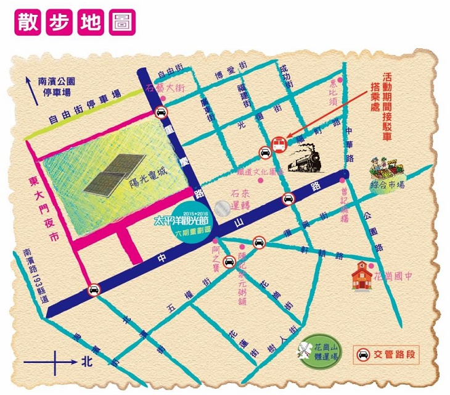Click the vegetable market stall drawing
tap(387, 167)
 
